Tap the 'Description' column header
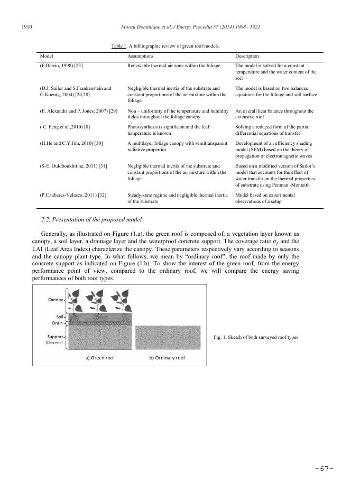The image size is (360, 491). point(247,55)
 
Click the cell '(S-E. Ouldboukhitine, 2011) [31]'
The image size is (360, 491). point(73,166)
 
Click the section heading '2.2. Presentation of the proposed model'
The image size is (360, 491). point(87,219)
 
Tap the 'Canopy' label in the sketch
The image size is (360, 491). point(55,299)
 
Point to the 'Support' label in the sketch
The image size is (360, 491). point(55,336)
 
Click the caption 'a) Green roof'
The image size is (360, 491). point(100,357)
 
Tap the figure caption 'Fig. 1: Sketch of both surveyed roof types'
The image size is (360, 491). point(256,337)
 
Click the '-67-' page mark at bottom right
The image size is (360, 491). point(325,469)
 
